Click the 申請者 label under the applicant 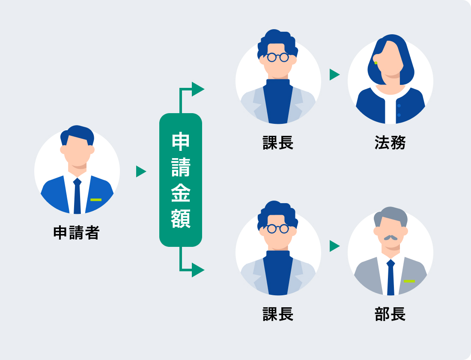[x=76, y=233]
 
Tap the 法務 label [x=390, y=143]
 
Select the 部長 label [x=390, y=314]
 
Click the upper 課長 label [x=278, y=143]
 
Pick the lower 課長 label [x=278, y=314]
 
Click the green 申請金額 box [x=180, y=180]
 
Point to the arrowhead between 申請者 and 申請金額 [x=141, y=171]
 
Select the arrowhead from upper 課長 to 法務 [x=334, y=75]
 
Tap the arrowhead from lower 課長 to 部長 [x=334, y=246]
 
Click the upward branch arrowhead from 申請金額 [x=197, y=89]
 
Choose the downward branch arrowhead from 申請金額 [x=197, y=270]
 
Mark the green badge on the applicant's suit [x=96, y=200]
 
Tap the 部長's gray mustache [x=390, y=237]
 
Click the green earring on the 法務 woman [x=376, y=63]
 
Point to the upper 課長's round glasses [x=278, y=57]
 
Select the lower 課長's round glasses [x=278, y=228]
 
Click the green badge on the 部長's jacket [x=409, y=281]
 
